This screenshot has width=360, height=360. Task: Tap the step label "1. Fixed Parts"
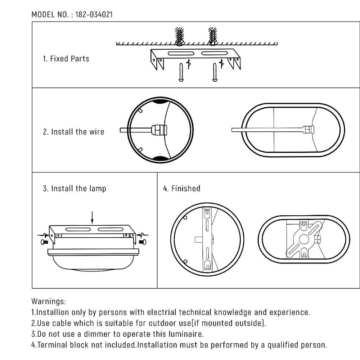66,59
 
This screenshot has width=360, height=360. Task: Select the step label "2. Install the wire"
73,132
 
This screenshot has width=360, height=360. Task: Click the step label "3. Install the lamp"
75,188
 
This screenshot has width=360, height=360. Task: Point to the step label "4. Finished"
182,188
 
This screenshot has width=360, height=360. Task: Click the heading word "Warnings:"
49,301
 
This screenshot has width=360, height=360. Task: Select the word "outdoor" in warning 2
168,323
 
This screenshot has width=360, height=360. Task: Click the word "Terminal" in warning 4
51,345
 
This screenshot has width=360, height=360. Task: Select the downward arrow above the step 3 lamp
92,217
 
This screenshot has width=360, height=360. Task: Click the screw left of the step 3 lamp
45,242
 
